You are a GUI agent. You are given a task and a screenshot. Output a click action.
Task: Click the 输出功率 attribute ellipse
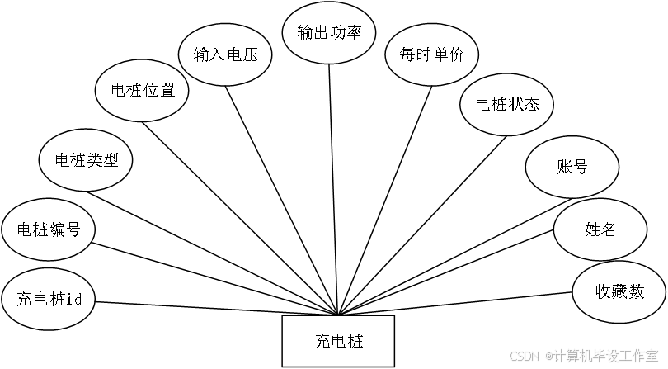point(330,32)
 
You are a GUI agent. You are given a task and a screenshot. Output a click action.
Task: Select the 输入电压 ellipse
point(226,55)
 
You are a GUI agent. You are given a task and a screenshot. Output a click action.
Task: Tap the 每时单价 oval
point(431,58)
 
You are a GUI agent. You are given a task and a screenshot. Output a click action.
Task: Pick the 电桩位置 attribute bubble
point(142,91)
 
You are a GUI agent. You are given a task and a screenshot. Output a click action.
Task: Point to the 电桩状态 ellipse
point(506,105)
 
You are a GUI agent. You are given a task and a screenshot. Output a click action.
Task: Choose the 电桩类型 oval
point(86,159)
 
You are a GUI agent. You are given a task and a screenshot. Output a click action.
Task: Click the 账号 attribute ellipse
point(572,167)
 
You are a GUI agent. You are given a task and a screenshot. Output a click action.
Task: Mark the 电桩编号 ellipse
point(48,229)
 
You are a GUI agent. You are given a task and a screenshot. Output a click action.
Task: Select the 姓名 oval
point(600,229)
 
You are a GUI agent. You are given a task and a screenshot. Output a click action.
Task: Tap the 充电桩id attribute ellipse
point(48,297)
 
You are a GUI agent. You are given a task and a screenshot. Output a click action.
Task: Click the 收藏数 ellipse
point(619,292)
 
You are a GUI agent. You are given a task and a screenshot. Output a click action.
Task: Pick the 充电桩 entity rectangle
point(338,341)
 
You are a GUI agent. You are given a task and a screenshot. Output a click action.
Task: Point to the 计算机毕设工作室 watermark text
point(609,356)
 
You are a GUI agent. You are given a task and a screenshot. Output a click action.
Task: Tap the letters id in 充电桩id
point(74,298)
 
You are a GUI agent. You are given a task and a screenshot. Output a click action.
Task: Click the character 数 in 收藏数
point(636,292)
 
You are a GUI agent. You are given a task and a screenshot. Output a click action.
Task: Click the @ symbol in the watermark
point(547,356)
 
